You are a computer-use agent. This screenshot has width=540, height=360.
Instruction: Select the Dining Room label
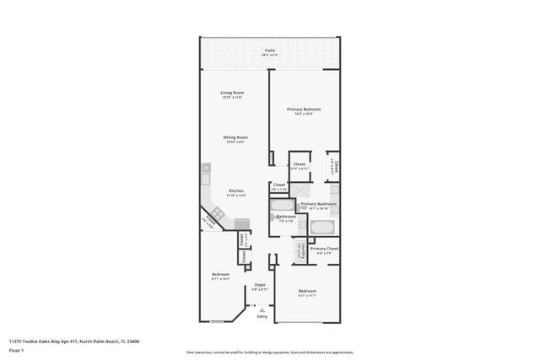point(235,139)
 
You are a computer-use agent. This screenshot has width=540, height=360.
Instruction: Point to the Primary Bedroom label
point(304,110)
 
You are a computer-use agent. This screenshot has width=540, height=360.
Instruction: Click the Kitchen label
point(235,192)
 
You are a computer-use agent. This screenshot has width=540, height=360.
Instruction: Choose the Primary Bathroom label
point(319,205)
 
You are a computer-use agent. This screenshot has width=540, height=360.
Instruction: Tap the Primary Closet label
point(323,250)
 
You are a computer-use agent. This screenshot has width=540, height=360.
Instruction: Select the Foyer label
point(261,286)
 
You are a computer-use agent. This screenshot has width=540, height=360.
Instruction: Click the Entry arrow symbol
point(262,309)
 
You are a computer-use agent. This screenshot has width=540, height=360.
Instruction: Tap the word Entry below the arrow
point(262,316)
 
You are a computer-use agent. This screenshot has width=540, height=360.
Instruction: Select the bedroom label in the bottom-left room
point(219,276)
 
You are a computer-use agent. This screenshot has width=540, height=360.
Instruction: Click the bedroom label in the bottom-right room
point(307,293)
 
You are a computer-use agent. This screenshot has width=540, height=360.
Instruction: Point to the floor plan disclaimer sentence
point(270,352)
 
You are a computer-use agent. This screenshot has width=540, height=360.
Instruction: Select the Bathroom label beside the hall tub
point(285,218)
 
